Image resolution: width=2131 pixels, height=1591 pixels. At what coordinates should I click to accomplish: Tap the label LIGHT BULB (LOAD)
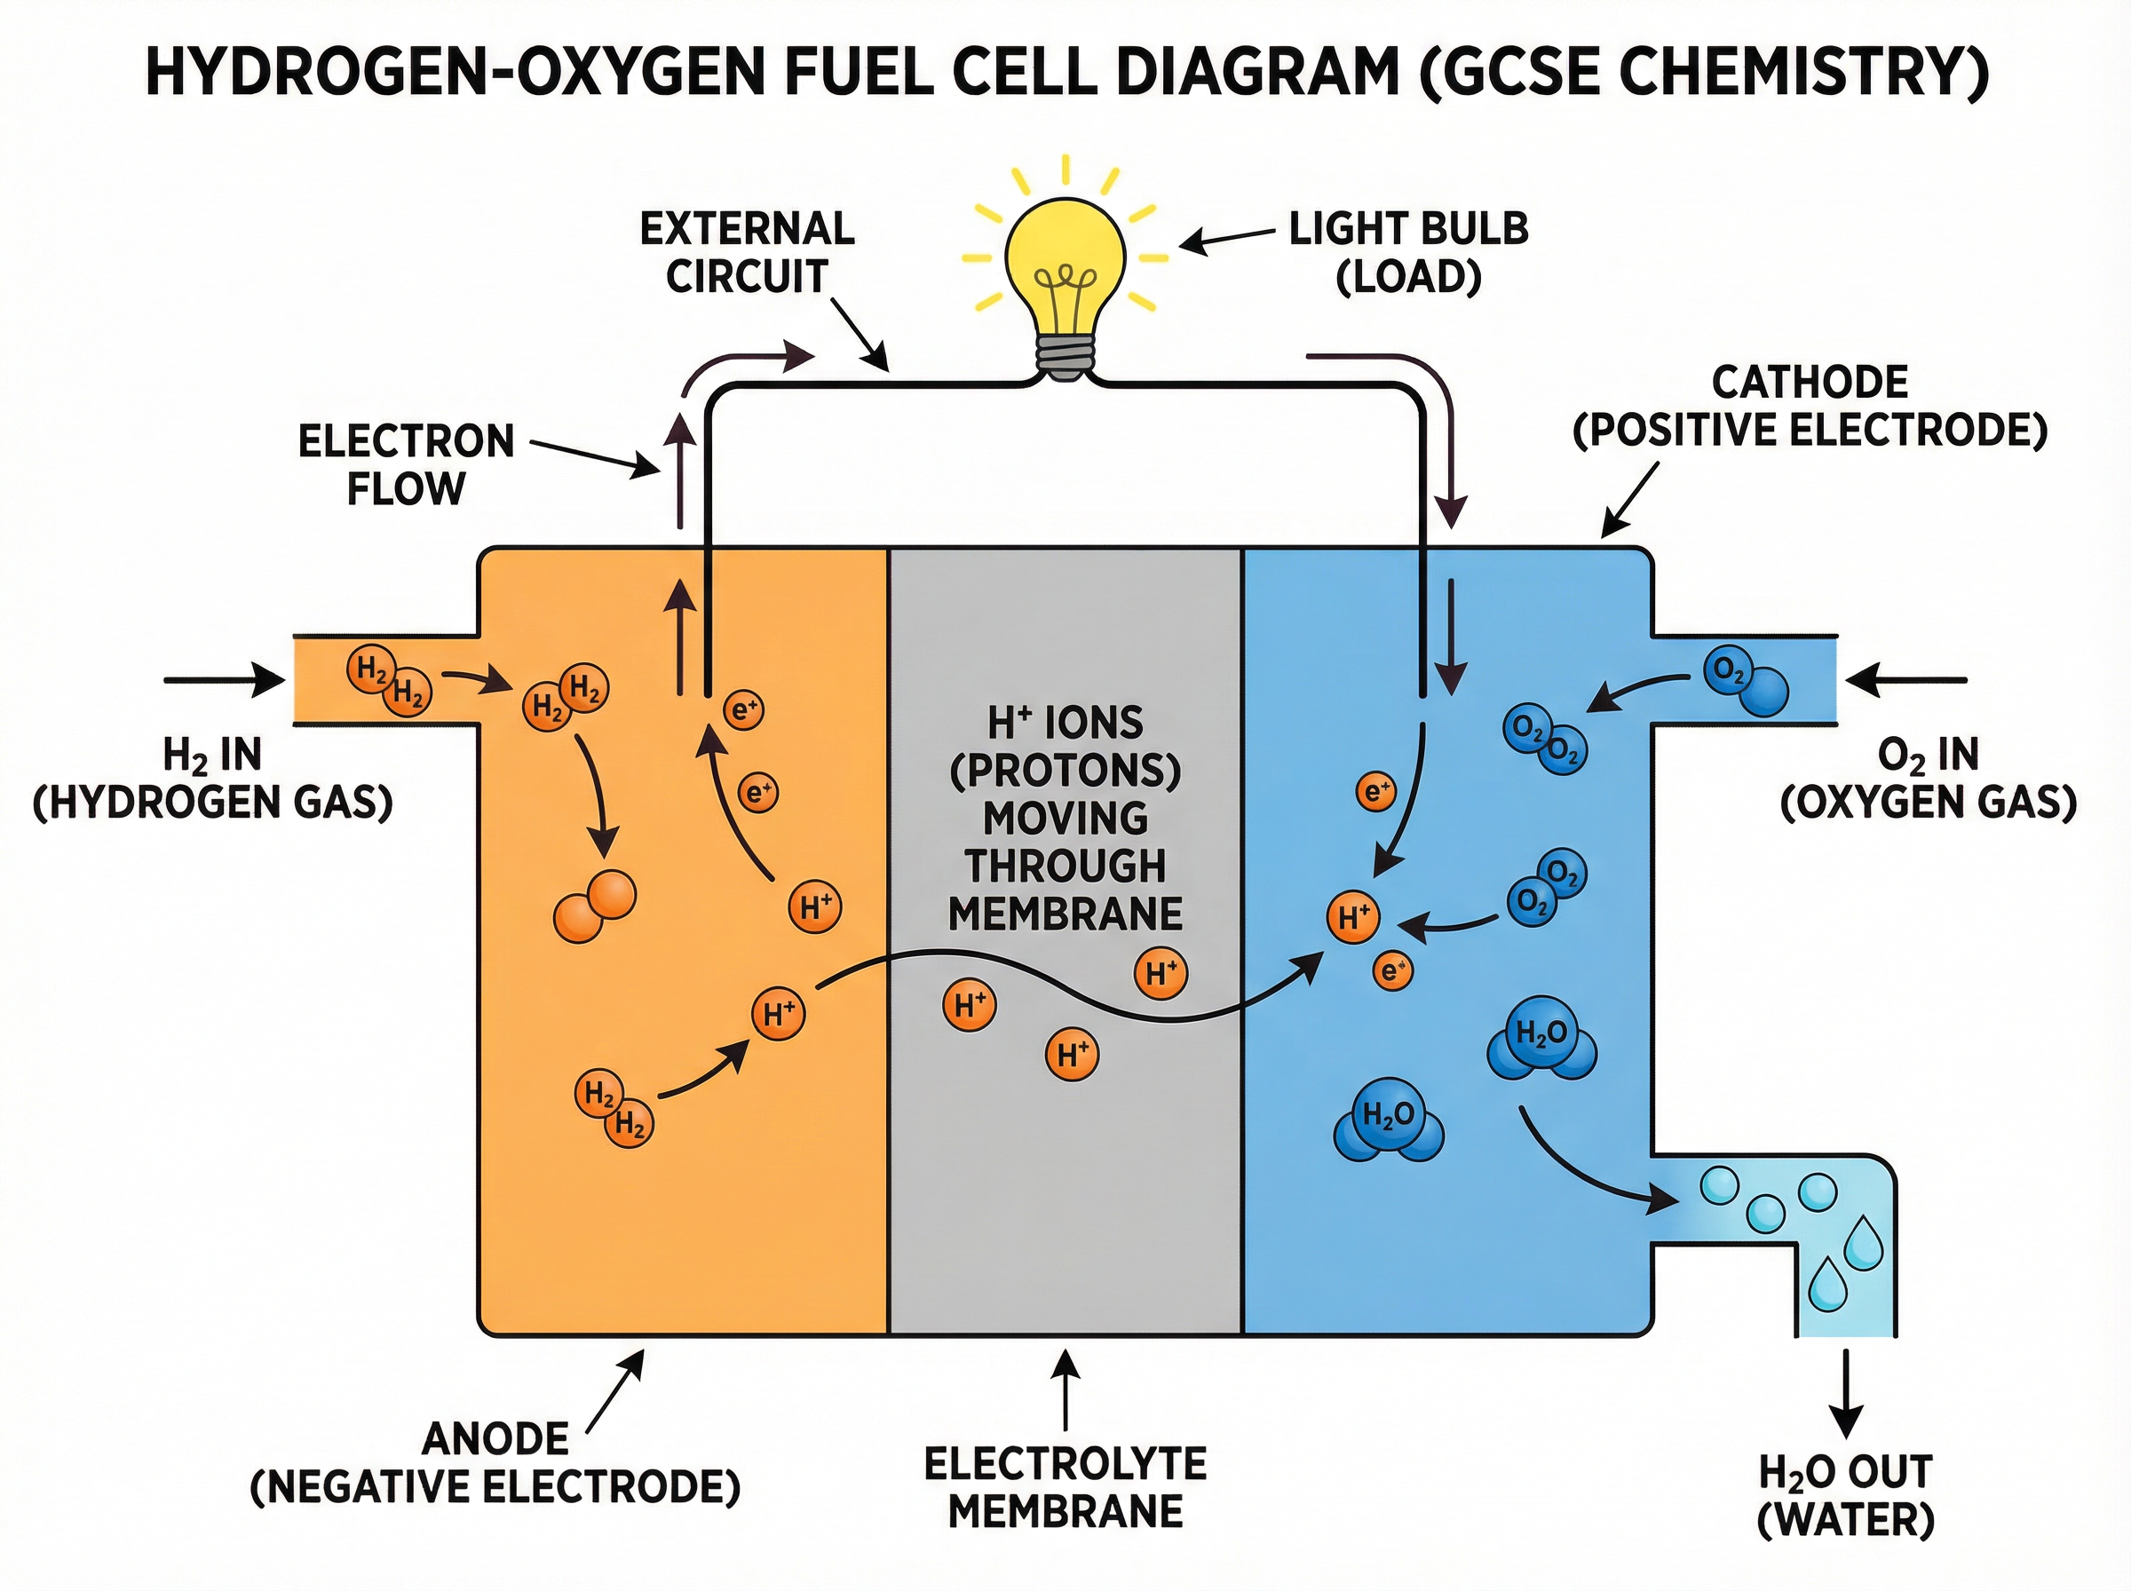coord(1408,252)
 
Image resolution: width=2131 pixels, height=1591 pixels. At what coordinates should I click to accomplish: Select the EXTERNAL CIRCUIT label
coord(748,252)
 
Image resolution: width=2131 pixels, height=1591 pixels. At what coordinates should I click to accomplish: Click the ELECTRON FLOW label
coord(406,464)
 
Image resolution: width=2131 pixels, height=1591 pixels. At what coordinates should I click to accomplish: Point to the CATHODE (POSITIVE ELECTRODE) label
coord(1810,406)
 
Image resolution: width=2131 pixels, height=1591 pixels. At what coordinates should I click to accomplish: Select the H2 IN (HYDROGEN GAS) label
coord(213,778)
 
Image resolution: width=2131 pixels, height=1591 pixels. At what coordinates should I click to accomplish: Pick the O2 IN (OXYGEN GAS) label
coord(1927,778)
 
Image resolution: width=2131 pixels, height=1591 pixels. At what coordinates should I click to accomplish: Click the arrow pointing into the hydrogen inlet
coord(224,680)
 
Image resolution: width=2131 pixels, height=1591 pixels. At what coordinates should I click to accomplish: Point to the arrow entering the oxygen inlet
coord(1905,680)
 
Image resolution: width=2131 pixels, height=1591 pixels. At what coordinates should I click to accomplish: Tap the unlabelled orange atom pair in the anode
coord(594,907)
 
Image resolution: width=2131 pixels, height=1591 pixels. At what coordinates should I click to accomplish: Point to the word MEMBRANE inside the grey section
coord(1065,913)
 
